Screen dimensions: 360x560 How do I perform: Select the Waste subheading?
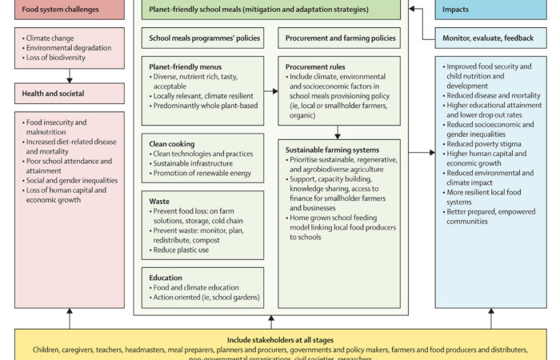coord(159,201)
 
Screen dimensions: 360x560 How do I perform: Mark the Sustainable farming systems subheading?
coord(333,150)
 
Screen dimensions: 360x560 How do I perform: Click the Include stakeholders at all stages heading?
coord(279,339)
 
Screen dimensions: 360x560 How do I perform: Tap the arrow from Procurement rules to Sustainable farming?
coord(337,131)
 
